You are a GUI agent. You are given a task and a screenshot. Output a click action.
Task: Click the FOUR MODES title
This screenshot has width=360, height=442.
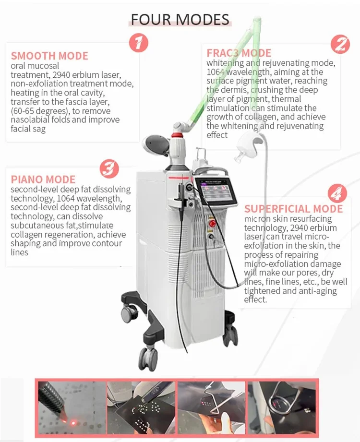(x=180, y=20)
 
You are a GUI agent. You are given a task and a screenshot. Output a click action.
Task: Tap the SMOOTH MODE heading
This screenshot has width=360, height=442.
(x=49, y=56)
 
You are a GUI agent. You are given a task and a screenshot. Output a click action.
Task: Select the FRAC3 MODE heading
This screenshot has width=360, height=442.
(x=239, y=53)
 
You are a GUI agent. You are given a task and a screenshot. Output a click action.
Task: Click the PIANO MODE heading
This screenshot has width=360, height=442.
(x=43, y=179)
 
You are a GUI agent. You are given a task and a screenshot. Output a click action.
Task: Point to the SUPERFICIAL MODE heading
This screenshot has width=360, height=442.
(x=293, y=209)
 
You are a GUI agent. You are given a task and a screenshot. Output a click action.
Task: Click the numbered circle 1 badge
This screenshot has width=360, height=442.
(x=138, y=43)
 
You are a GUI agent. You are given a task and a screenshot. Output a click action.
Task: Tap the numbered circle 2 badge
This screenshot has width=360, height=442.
(x=340, y=44)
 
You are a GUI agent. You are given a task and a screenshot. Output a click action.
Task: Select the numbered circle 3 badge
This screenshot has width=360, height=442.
(x=109, y=168)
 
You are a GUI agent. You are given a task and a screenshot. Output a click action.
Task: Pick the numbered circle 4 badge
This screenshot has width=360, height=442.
(x=337, y=193)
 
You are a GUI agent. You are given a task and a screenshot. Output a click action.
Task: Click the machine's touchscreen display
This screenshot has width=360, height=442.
(x=216, y=190)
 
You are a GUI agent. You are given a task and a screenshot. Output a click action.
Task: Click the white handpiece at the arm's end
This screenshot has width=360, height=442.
(x=247, y=146)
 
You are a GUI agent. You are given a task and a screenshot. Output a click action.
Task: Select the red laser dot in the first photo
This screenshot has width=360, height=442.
(x=74, y=422)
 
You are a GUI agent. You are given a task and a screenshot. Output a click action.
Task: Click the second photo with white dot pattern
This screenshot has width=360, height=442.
(x=142, y=407)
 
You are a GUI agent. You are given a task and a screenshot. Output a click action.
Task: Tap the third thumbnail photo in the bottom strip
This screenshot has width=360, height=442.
(x=211, y=407)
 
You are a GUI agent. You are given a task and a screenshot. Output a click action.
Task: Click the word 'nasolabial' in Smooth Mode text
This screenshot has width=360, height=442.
(x=30, y=119)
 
